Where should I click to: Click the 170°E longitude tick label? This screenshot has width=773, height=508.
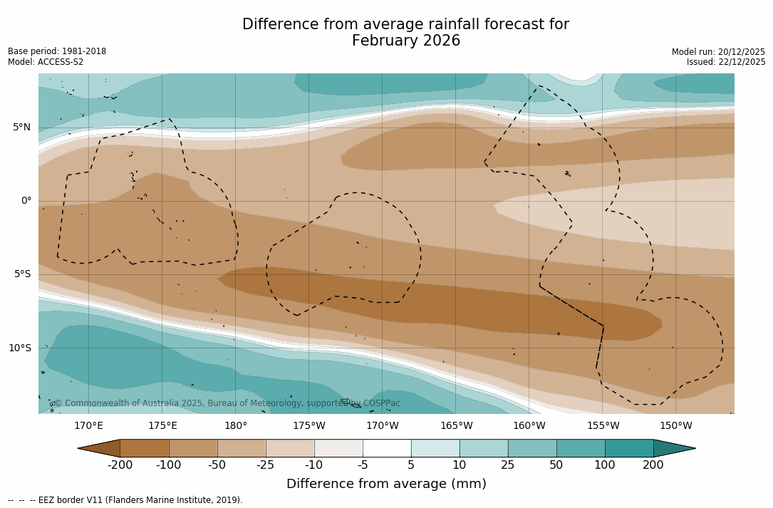tap(89, 426)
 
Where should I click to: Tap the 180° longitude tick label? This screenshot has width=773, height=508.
tap(236, 426)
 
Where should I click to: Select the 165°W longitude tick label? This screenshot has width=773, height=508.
tap(456, 426)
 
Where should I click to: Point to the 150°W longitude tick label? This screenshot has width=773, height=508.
tap(676, 426)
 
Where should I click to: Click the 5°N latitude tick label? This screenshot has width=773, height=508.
tap(21, 128)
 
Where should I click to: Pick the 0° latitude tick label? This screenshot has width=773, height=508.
tap(26, 201)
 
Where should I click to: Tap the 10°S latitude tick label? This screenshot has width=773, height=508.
tap(19, 348)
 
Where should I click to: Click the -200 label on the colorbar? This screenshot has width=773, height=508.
tap(120, 465)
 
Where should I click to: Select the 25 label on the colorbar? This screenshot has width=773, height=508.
tap(508, 465)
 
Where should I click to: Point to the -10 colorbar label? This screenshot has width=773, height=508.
tap(314, 465)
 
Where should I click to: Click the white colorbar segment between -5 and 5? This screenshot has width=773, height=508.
tap(387, 448)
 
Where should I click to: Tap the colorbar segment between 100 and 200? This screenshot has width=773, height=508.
tap(629, 448)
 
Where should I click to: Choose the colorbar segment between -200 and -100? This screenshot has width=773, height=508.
tap(145, 448)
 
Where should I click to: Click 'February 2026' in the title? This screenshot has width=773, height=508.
tap(406, 41)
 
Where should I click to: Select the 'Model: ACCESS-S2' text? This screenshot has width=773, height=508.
tap(46, 62)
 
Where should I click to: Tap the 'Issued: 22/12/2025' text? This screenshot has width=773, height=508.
tap(726, 62)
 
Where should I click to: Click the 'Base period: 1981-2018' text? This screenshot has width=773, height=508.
tap(57, 51)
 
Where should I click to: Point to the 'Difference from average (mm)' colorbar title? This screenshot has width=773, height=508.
tap(386, 484)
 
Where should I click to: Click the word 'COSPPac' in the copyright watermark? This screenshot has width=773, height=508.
tap(381, 403)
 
